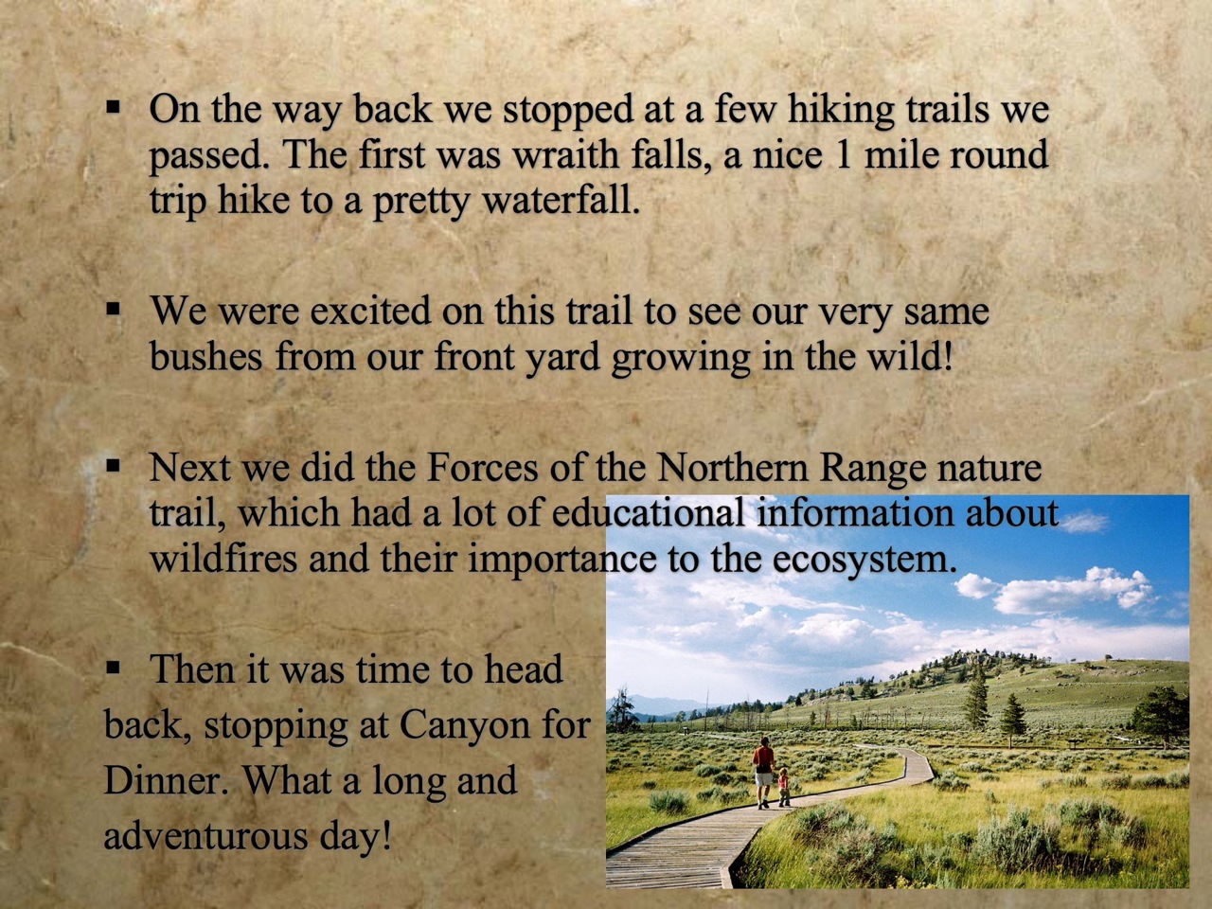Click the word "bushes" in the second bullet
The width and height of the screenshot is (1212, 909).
[x=206, y=356]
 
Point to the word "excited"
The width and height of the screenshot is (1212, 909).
[x=370, y=311]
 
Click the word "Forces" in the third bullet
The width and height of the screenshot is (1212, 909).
[x=483, y=467]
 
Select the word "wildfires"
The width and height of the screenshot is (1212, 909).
[x=223, y=558]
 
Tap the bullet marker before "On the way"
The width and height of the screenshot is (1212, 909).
[x=114, y=106]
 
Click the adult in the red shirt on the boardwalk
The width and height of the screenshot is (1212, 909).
[x=763, y=773]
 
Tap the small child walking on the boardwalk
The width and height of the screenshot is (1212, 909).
[x=783, y=788]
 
